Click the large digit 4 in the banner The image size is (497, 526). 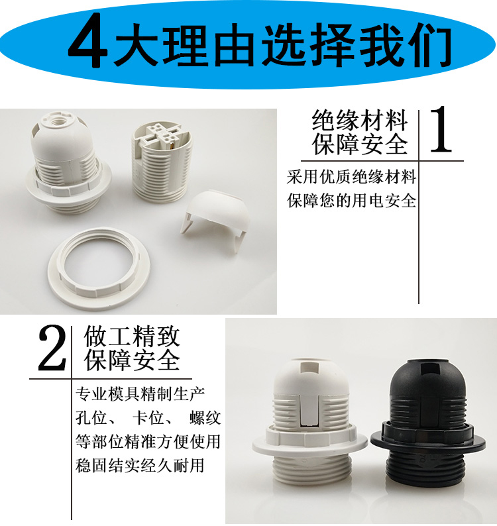[88, 40]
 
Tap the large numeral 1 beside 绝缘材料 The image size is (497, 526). [441, 129]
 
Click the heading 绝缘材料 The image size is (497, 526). [359, 120]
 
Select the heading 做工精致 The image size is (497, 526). [133, 337]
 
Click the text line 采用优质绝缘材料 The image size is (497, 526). [351, 177]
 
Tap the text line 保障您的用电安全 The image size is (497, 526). [351, 200]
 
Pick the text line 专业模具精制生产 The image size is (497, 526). [140, 394]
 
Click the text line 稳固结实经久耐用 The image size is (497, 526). [140, 465]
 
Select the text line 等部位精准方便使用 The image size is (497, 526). [148, 441]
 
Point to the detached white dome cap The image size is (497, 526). [216, 215]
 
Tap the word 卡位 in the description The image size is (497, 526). [148, 417]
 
